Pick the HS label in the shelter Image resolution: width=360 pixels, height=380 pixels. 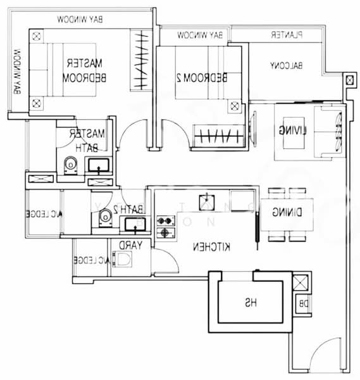click(x=251, y=303)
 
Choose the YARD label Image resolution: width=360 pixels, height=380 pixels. click(x=131, y=245)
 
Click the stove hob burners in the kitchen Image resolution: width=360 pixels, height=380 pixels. click(x=166, y=227)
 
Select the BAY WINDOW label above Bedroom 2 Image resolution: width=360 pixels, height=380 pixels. click(x=200, y=35)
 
